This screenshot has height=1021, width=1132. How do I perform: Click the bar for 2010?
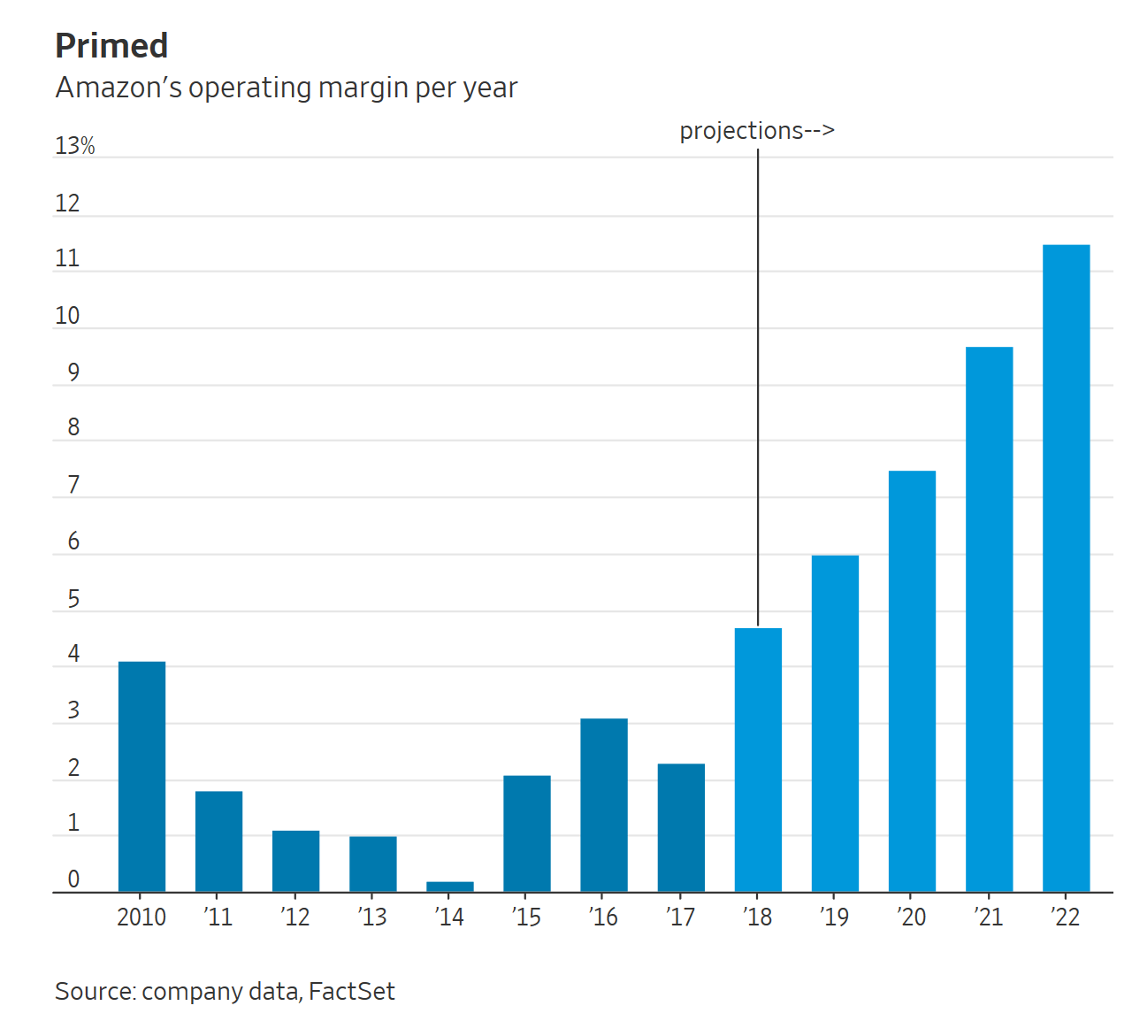coord(141,777)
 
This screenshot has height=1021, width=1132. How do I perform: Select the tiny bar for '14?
coord(449,887)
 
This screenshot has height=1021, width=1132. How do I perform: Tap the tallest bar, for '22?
coord(1066,568)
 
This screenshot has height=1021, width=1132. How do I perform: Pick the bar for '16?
coord(604,805)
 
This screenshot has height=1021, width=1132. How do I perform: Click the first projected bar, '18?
coord(758,760)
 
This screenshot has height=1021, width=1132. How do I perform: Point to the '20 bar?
coord(912,681)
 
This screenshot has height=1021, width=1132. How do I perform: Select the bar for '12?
coord(295,861)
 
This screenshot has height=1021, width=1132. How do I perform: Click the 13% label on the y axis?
coord(74,146)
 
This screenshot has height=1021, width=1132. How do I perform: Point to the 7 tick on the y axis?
coord(73,485)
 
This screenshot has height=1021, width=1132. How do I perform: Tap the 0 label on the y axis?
coord(73,879)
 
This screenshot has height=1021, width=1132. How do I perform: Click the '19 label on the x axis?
coord(834,917)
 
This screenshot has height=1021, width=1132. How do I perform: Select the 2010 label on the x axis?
coord(141,917)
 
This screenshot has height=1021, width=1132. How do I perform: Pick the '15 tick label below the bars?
coord(526,917)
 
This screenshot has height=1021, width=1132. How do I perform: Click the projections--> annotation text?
coord(756,131)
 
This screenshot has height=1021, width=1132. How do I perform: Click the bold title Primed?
coord(111,46)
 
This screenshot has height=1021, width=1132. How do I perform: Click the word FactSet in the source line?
coord(351,991)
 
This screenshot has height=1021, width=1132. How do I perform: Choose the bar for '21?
coord(989,619)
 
